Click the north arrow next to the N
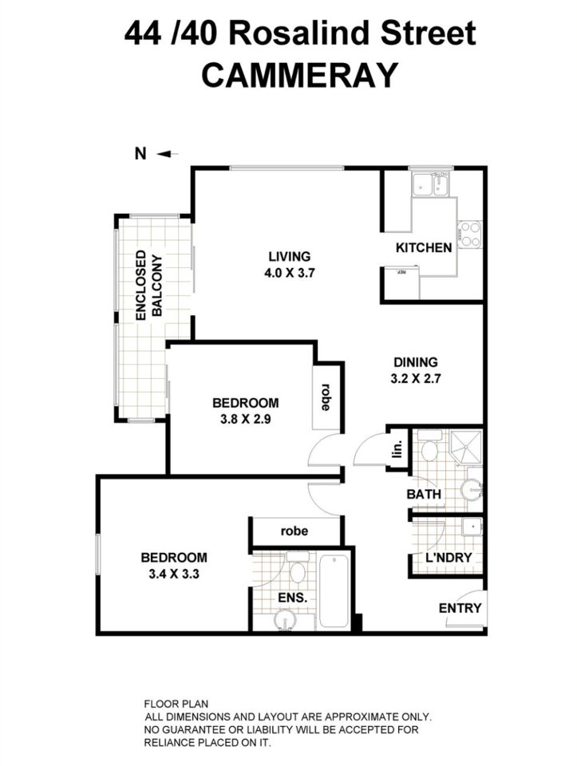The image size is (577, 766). click(x=168, y=154)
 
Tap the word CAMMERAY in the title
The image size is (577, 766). click(x=299, y=76)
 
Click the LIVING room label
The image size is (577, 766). click(x=288, y=256)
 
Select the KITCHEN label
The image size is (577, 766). click(x=424, y=247)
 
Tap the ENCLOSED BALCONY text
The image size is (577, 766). click(x=148, y=286)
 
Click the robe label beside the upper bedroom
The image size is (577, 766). click(x=326, y=397)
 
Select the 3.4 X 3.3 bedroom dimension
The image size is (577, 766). click(x=173, y=573)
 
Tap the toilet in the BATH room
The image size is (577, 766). click(x=429, y=450)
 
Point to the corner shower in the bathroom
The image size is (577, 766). click(x=465, y=449)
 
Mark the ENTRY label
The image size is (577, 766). click(x=460, y=608)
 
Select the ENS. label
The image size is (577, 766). click(x=293, y=596)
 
